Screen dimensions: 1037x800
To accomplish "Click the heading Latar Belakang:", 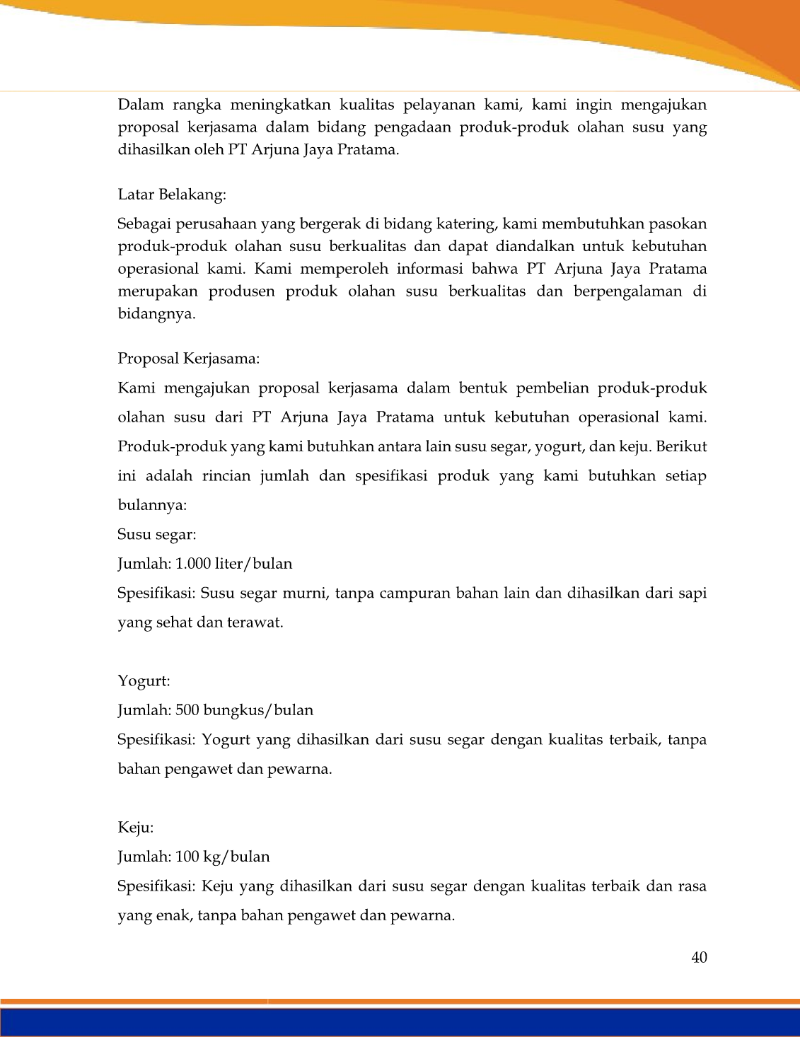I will pos(172,195).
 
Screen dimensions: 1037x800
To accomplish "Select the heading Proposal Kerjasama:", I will pos(189,359).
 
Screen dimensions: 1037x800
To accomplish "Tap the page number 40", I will pos(699,958).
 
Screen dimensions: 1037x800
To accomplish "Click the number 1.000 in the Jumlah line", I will pos(192,564).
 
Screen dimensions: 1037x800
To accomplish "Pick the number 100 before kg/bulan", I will pos(187,857).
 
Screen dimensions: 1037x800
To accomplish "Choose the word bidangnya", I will pos(156,314).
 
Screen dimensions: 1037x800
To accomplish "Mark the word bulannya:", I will pos(152,505).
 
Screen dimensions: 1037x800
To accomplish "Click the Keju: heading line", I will pos(136,828).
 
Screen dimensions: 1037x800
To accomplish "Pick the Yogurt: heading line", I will pos(144,681).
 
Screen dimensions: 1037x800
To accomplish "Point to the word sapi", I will pos(692,593).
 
